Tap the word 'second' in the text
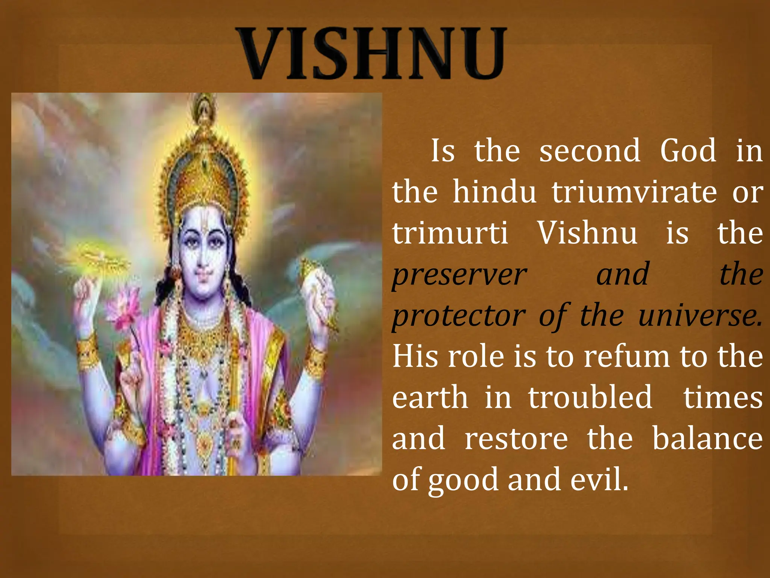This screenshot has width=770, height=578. (x=590, y=151)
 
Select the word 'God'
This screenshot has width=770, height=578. (x=688, y=151)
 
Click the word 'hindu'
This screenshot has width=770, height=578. (x=494, y=192)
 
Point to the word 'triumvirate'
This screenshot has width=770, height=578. (x=634, y=192)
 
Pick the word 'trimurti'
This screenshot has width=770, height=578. (x=450, y=233)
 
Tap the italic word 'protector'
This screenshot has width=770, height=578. (x=459, y=316)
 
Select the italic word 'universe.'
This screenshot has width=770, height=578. (x=700, y=316)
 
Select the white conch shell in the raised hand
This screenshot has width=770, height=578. (x=318, y=286)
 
